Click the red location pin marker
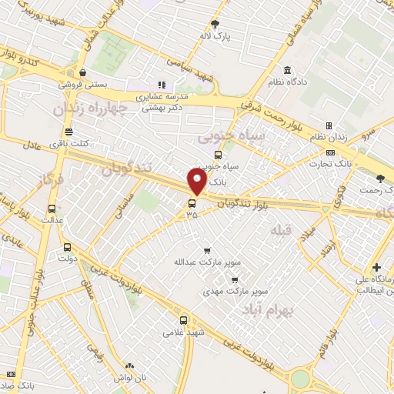197,182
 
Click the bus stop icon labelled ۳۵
192,203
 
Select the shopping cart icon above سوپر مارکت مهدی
234,280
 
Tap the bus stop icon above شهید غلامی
183,319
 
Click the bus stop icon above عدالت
52,209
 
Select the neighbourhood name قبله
282,229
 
